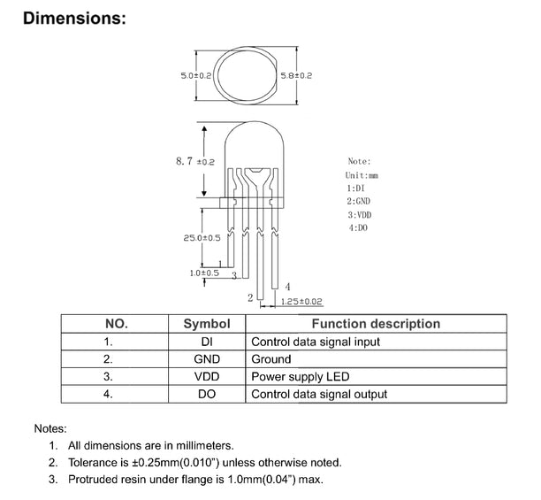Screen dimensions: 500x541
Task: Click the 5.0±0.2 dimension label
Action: (x=195, y=76)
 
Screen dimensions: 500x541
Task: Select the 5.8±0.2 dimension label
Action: (x=295, y=76)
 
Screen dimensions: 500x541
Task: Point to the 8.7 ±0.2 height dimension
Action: (x=195, y=161)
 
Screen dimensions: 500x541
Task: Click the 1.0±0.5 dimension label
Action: (x=204, y=273)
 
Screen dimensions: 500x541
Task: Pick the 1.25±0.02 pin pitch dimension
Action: (x=301, y=302)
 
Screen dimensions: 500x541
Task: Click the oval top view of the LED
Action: (x=246, y=76)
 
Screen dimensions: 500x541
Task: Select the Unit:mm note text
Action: (x=361, y=176)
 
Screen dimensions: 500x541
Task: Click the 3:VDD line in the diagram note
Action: (x=359, y=215)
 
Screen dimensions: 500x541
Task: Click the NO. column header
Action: (x=117, y=324)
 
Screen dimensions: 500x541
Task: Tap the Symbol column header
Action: (x=206, y=324)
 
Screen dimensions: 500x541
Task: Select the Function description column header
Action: (x=376, y=324)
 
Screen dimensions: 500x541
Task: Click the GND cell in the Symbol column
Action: (x=206, y=359)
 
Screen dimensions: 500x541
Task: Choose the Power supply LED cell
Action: (x=301, y=377)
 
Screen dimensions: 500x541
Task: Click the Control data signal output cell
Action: (x=319, y=395)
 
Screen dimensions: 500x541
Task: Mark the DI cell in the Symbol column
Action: (x=206, y=342)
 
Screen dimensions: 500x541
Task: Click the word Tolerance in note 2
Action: (x=95, y=462)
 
